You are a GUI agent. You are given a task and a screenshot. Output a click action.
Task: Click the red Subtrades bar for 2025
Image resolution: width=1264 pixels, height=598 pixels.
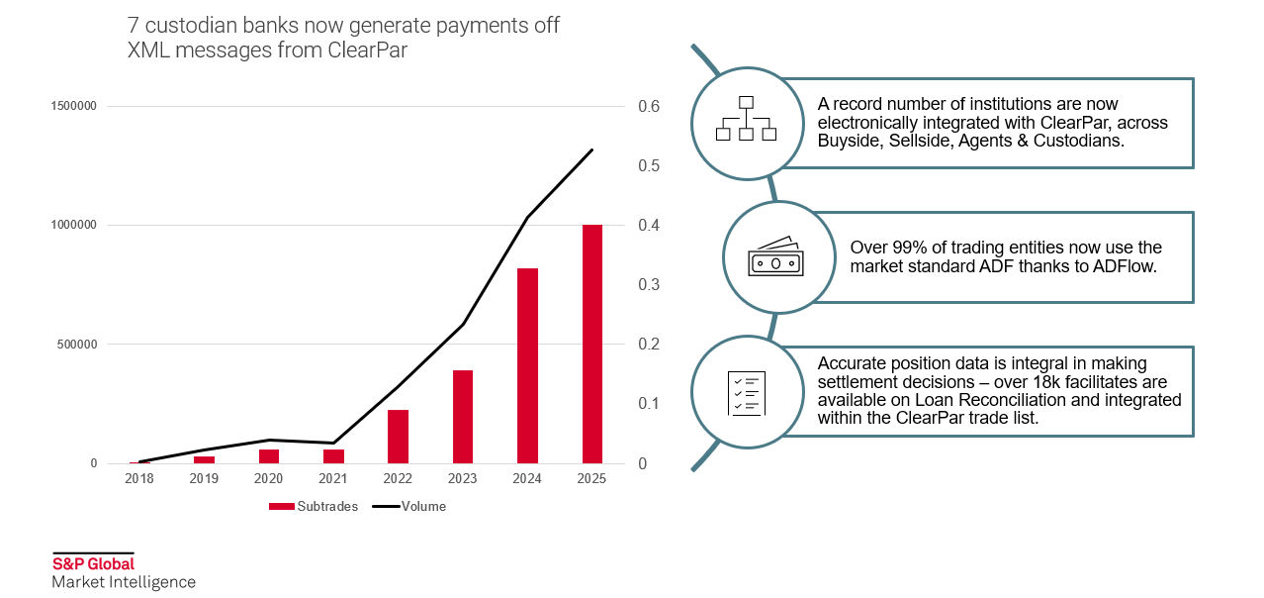[x=591, y=344]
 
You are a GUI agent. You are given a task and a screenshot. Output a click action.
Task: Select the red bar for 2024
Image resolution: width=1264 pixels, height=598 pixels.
[x=527, y=365]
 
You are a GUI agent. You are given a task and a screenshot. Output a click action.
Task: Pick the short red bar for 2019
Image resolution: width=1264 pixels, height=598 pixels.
[x=204, y=459]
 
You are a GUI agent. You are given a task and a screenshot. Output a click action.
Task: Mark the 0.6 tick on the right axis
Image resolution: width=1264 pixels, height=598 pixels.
[x=649, y=107]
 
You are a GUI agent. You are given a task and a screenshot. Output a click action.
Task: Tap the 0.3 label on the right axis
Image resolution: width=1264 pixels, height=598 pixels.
[x=649, y=285]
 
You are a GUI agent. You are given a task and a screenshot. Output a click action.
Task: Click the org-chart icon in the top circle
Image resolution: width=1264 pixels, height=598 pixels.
[x=746, y=119]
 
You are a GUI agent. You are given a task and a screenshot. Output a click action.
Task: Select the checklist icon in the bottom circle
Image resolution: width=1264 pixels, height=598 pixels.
[x=746, y=393]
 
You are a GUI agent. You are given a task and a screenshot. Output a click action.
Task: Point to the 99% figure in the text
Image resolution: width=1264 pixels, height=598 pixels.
[x=907, y=248]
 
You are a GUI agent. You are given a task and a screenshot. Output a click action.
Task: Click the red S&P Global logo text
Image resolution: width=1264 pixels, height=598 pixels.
[x=93, y=564]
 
